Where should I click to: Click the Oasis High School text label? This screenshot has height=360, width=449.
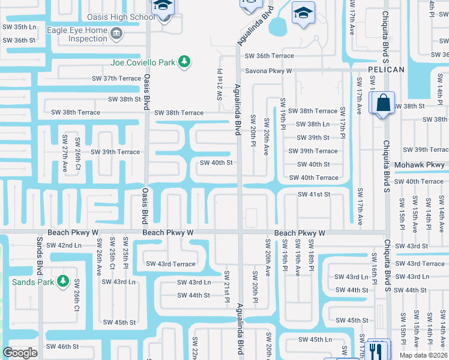[x=121, y=17]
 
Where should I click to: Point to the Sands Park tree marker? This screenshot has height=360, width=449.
[x=62, y=281]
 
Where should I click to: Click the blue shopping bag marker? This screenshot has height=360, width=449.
[x=382, y=103]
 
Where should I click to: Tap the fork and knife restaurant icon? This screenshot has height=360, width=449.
[x=377, y=349]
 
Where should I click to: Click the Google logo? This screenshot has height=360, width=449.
[x=20, y=353]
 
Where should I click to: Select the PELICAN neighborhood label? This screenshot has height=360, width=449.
[x=386, y=70]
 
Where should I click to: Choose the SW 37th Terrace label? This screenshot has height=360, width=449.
[x=116, y=79]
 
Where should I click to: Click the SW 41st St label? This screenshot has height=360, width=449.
[x=315, y=194]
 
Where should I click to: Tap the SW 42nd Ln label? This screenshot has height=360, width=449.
[x=64, y=245]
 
